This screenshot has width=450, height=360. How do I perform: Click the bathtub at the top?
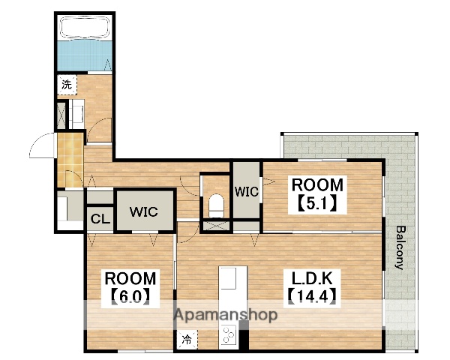[85, 28]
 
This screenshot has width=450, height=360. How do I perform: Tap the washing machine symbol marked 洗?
[67, 85]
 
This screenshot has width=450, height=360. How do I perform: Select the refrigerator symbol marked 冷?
[187, 340]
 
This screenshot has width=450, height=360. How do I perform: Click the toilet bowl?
[216, 205]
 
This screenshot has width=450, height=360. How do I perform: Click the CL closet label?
[100, 219]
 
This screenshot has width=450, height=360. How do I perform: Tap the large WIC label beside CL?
[143, 211]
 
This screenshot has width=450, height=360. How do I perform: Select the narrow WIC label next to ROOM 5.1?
[247, 191]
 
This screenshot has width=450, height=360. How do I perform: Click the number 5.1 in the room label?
[316, 204]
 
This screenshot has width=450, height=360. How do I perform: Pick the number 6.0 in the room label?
[130, 297]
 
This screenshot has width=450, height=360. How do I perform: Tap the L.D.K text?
[312, 278]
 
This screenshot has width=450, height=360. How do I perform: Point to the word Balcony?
[400, 247]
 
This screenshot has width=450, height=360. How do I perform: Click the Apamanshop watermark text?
[226, 315]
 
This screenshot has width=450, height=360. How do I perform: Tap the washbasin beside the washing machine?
[77, 114]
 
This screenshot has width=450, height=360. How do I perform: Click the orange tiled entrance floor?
[70, 160]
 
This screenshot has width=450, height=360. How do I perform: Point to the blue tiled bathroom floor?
[85, 55]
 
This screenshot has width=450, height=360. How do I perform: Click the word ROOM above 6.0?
[130, 278]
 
